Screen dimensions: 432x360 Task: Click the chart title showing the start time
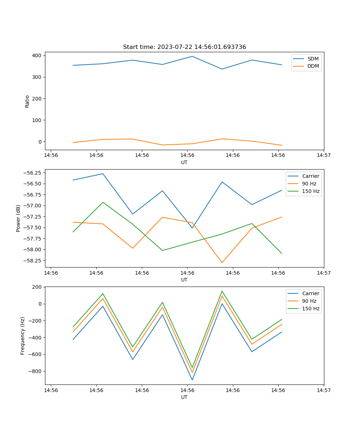[184, 47]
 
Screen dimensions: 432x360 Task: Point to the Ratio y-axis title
[27, 101]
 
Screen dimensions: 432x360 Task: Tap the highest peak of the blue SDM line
[192, 56]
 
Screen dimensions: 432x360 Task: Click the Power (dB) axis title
[18, 218]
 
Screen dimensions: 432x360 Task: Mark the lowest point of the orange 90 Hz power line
[222, 262]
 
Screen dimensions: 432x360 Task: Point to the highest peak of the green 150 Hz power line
[103, 202]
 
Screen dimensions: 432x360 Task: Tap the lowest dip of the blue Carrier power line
[192, 228]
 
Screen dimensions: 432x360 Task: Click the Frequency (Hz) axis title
[23, 336]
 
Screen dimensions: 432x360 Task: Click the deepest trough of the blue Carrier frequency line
[192, 380]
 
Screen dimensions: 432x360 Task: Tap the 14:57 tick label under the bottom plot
[324, 390]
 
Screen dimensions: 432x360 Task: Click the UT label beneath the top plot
[184, 162]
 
